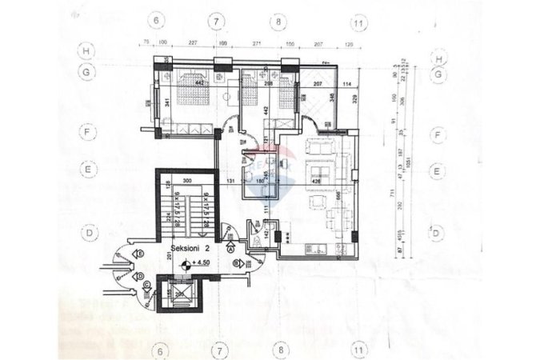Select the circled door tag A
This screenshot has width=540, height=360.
click(231, 250)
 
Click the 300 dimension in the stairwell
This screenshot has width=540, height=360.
click(186, 182)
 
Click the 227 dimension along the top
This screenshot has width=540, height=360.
click(193, 43)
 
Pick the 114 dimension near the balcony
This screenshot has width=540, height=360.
click(347, 84)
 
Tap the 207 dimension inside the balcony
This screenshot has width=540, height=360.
click(317, 84)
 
